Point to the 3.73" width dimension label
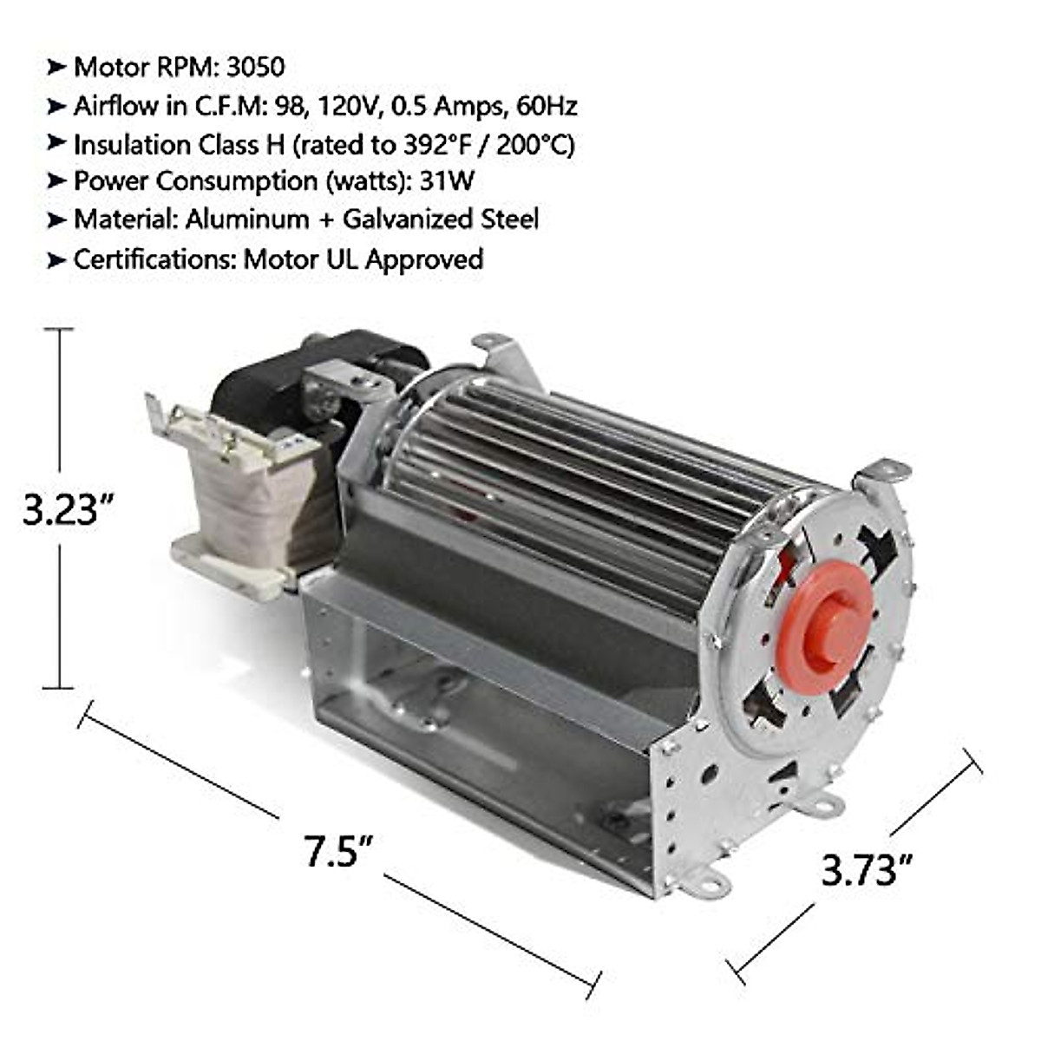(x=868, y=868)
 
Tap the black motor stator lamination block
(x=260, y=386)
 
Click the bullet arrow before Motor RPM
(x=56, y=67)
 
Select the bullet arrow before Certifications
(x=56, y=259)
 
